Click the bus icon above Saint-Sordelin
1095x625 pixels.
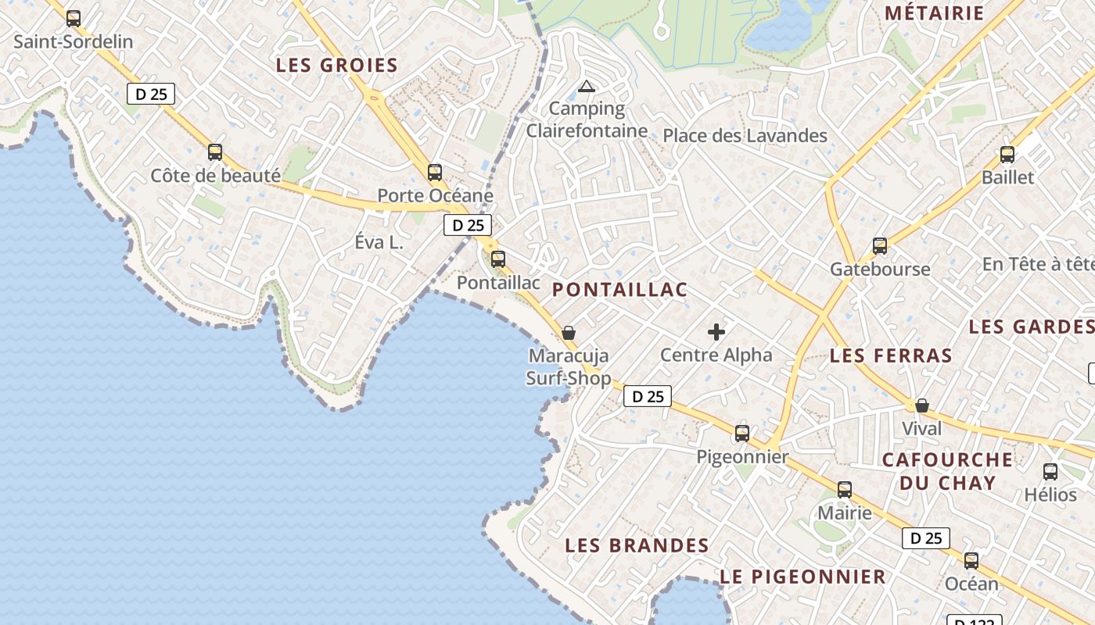coord(74,18)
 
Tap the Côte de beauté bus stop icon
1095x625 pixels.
coord(215,152)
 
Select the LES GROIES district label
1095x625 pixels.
coord(337,66)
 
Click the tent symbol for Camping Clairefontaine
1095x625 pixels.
coord(587,86)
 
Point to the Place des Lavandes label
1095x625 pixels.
coord(745,136)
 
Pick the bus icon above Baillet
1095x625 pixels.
coord(1007,154)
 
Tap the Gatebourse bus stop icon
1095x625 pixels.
coord(880,246)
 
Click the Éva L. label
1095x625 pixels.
coord(379,242)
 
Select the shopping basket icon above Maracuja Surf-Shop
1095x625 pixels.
coord(569,333)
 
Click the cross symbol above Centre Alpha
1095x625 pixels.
coord(716,332)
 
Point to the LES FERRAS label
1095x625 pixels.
coord(891,356)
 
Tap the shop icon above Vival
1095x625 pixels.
coord(922,405)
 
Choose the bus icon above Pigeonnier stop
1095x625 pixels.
coord(742,433)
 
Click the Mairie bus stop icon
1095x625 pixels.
coord(845,490)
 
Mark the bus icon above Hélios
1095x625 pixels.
coord(1050,471)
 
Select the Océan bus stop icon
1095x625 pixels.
coord(971,560)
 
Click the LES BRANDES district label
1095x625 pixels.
coord(637,545)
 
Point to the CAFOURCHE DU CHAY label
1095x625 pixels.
coord(947,471)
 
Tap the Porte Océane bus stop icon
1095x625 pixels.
coord(435,172)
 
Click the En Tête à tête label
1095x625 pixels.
coord(1038,264)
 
